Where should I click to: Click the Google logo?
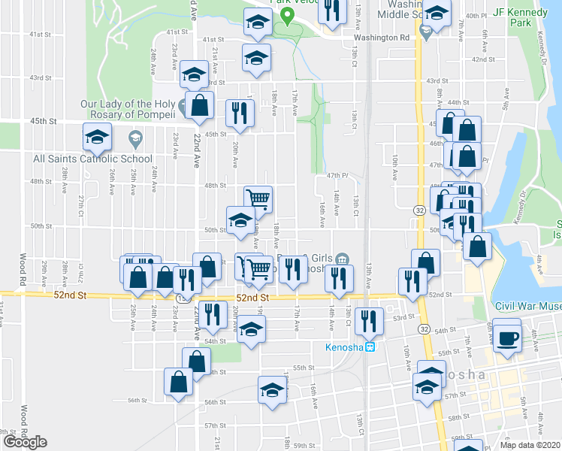pos(26,442)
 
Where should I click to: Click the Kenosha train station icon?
pos(370,347)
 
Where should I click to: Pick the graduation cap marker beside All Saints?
pos(98,138)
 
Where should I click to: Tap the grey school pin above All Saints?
pos(135,138)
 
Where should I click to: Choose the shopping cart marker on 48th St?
pos(258,199)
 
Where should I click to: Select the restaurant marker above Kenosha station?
pos(368,320)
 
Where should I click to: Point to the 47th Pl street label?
pos(338,174)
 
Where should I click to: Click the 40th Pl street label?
pos(497,16)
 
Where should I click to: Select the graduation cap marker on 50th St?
pos(240,220)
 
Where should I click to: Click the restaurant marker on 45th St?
pos(240,114)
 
